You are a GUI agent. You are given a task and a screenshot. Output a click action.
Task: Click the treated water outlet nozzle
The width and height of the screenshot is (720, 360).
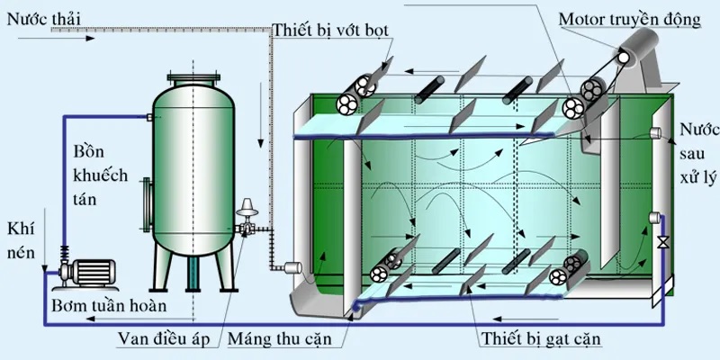coord(655,134)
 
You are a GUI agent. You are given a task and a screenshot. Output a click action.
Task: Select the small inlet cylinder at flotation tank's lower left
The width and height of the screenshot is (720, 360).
coord(290,266)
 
